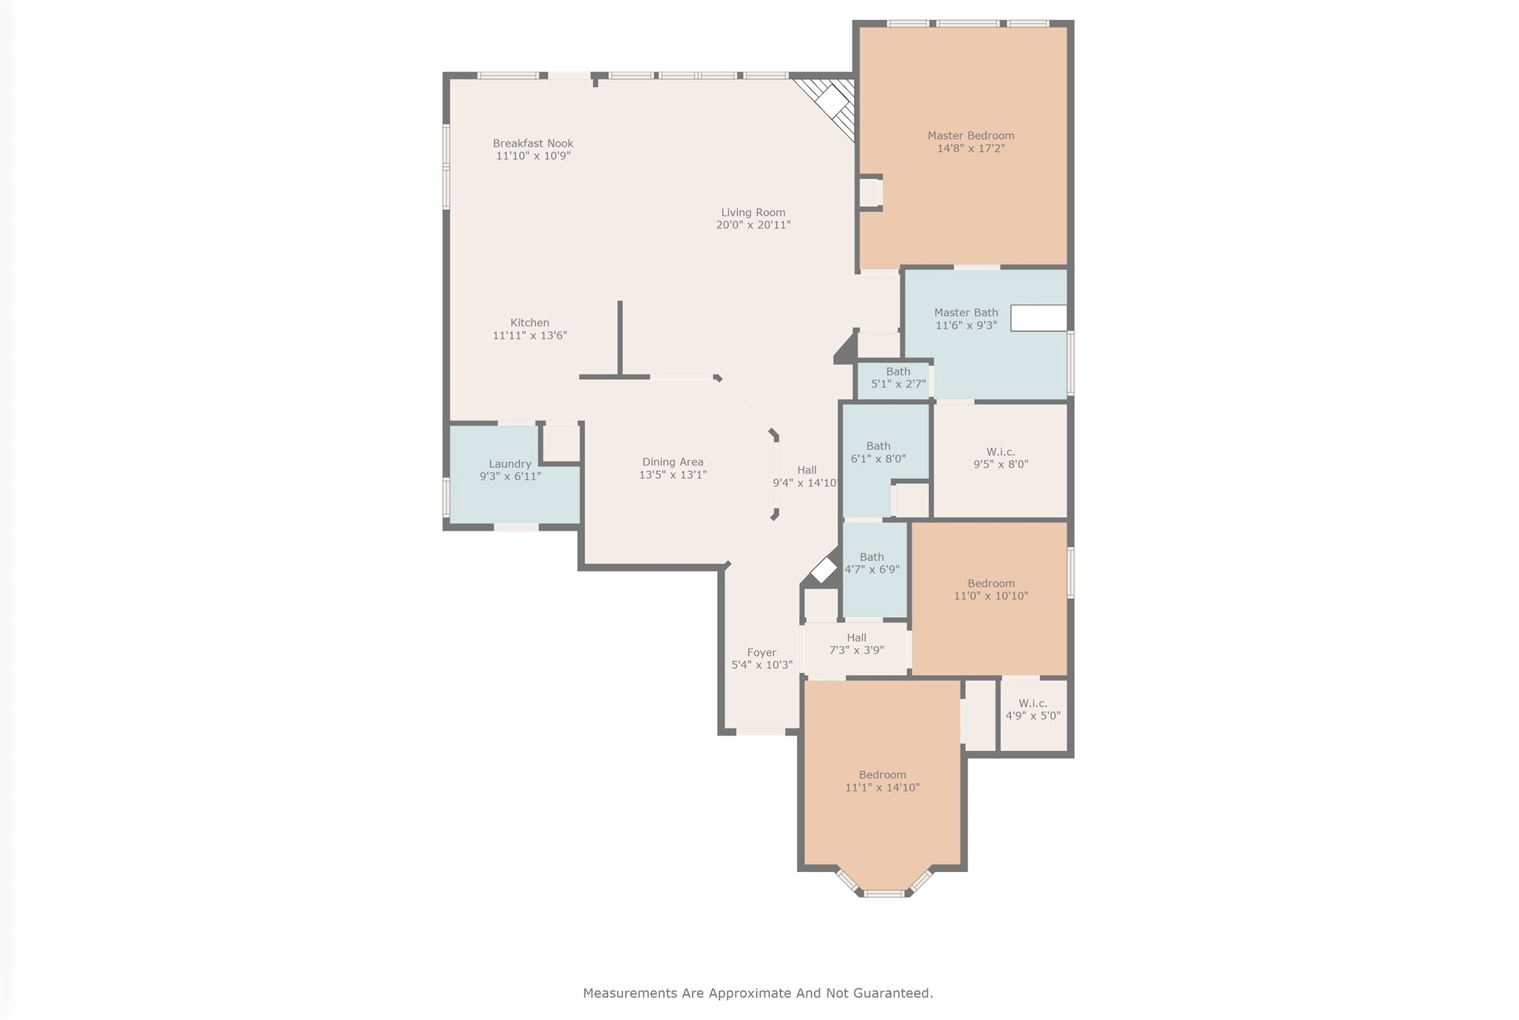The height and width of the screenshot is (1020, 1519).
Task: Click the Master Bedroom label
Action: click(x=971, y=136)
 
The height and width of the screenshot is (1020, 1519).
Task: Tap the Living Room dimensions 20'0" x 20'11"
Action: click(x=753, y=225)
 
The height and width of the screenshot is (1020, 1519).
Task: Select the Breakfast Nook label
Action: click(x=532, y=143)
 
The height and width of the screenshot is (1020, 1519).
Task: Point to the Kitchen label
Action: click(x=530, y=323)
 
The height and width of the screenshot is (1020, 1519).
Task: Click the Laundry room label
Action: click(x=510, y=464)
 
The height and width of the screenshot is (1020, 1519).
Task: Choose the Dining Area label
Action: click(x=672, y=462)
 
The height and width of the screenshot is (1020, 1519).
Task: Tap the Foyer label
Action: click(x=761, y=653)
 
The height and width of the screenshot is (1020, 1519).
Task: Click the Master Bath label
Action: click(x=966, y=313)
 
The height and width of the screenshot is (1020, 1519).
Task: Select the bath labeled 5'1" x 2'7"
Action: click(x=897, y=378)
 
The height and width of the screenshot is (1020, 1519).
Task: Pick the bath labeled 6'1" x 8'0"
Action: click(x=878, y=452)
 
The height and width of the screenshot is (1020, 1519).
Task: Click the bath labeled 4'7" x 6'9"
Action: click(x=872, y=563)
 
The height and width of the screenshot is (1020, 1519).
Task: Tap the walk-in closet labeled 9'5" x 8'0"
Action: click(x=1000, y=458)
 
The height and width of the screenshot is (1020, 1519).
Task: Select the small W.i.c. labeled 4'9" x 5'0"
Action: click(x=1032, y=710)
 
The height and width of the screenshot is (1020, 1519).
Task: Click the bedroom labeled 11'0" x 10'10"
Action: click(x=990, y=590)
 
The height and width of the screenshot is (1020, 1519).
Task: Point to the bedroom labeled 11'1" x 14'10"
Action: click(x=882, y=781)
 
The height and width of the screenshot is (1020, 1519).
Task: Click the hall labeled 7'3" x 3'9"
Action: click(x=856, y=644)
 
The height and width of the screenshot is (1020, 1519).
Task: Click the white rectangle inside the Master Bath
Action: click(x=1038, y=318)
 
